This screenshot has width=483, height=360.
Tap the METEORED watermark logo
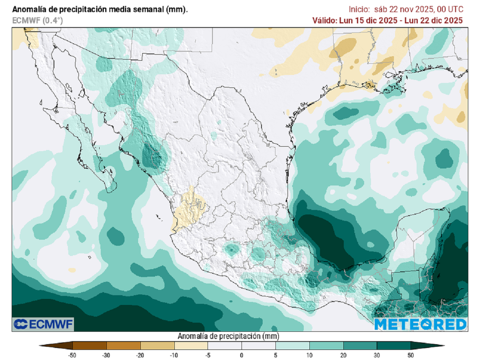click(420, 324)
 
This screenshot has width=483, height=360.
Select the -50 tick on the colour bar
click(72, 355)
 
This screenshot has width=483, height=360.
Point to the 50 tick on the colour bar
click(411, 355)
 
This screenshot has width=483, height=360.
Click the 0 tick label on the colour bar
click(241, 355)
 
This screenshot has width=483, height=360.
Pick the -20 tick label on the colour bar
click(140, 355)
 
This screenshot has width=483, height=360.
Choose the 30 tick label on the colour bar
click(377, 355)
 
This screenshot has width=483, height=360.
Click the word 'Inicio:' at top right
click(359, 9)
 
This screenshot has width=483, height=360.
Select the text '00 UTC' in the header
click(449, 9)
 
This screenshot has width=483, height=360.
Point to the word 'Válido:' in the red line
click(325, 20)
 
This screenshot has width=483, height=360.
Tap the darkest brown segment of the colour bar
click(90, 345)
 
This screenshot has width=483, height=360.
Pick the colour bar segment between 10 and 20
click(326, 345)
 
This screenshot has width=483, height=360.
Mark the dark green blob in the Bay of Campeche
click(330, 240)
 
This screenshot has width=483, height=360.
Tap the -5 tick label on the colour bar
click(208, 355)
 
